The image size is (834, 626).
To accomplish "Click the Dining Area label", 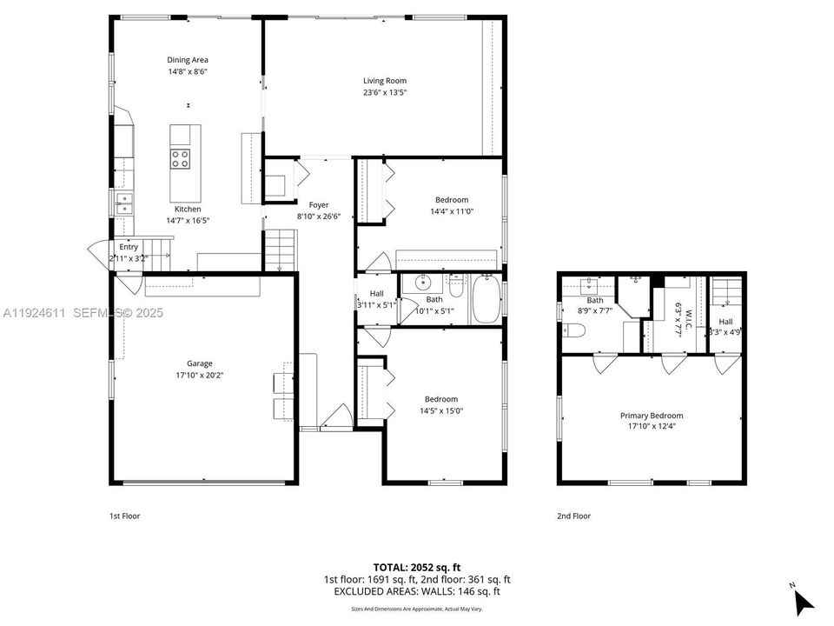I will (x=188, y=60).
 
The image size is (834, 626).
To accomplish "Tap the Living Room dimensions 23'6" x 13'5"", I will (x=384, y=92).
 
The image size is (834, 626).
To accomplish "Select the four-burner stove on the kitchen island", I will (x=181, y=158).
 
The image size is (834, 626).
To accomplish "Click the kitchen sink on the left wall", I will (x=123, y=203).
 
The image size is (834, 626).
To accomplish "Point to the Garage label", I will (x=199, y=363).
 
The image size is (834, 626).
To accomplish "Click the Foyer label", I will (x=319, y=205).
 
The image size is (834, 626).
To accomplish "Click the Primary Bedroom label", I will (x=651, y=416).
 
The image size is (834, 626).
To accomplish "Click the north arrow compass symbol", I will (x=803, y=599).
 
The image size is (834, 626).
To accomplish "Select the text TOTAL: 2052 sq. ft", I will (x=416, y=566).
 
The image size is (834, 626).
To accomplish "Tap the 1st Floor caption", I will (x=124, y=516).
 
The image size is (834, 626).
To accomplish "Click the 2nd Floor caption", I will (x=573, y=516).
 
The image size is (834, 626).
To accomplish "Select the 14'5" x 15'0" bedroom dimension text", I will (x=442, y=410).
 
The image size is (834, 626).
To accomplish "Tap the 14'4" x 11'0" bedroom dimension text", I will (x=451, y=211).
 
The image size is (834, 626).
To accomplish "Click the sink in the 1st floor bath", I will (x=423, y=283).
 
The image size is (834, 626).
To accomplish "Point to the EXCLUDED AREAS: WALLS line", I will (x=416, y=591).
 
